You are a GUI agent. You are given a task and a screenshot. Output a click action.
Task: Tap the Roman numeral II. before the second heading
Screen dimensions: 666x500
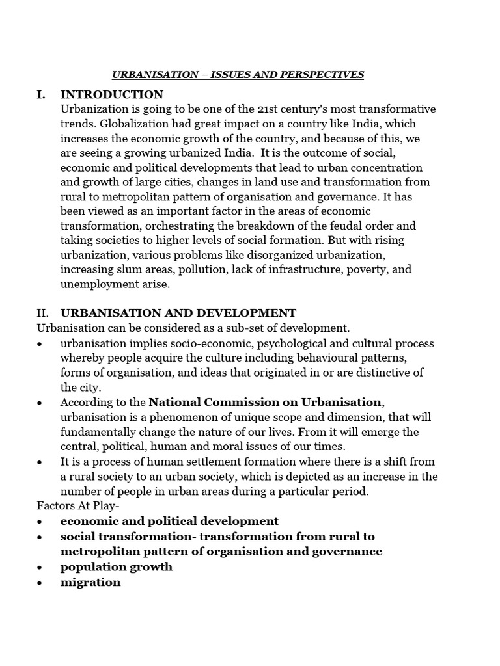point(43,313)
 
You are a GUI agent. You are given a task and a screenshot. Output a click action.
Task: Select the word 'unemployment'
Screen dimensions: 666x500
point(98,284)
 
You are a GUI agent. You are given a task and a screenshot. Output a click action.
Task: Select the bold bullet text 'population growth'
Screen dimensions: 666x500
point(117,566)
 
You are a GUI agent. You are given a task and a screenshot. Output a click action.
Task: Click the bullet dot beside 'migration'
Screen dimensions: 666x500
point(41,583)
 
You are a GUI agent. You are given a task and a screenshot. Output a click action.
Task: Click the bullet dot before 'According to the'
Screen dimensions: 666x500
point(41,403)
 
